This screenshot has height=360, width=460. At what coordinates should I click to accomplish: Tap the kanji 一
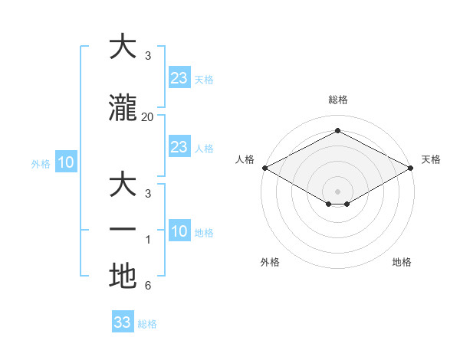pos(123,230)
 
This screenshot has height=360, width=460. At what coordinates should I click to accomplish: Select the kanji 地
pos(123,276)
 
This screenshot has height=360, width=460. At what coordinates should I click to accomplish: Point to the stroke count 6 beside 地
pos(147,286)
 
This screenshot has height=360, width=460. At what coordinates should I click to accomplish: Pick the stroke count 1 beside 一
pos(147,239)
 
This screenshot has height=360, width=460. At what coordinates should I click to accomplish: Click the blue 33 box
pos(123,322)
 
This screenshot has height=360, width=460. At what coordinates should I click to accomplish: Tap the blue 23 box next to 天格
pos(179,78)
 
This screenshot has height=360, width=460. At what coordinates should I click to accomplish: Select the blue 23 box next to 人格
pos(179,147)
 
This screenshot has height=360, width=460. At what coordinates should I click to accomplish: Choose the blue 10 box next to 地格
pos(179,231)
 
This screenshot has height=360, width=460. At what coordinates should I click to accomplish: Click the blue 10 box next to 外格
pos(65,162)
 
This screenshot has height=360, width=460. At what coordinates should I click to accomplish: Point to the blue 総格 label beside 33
pos(147,324)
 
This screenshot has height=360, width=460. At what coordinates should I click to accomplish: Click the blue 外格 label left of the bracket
pos(41,163)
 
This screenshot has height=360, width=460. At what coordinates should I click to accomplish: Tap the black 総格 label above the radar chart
pos(337,100)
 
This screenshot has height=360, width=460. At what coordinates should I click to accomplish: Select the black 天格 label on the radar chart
pos(431,159)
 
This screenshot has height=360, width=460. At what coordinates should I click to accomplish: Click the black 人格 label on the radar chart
pos(245,159)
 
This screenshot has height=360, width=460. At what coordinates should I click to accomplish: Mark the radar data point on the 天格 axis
pos(412,168)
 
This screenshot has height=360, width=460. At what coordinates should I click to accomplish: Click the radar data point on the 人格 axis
pos(264,168)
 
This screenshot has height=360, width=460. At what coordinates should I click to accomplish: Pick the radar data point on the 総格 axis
pos(337,131)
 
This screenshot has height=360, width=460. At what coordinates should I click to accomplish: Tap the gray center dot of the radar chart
pos(337,190)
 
